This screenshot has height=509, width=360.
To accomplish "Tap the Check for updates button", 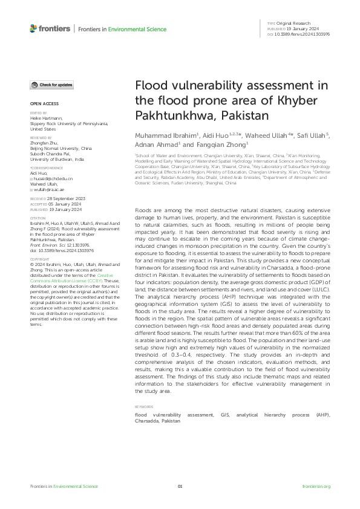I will (53, 85).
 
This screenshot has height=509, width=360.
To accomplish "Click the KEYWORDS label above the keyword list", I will (144, 407).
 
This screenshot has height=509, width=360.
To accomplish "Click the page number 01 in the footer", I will (180, 486).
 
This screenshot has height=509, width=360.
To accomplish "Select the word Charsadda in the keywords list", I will (147, 421).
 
